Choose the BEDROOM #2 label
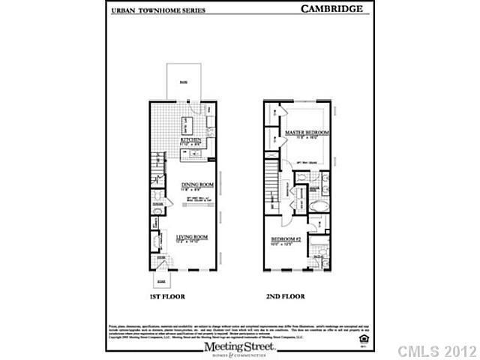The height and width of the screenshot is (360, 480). click(x=286, y=241)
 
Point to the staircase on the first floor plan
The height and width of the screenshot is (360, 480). click(x=157, y=162)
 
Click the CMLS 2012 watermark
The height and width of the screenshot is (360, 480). click(x=437, y=351)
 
